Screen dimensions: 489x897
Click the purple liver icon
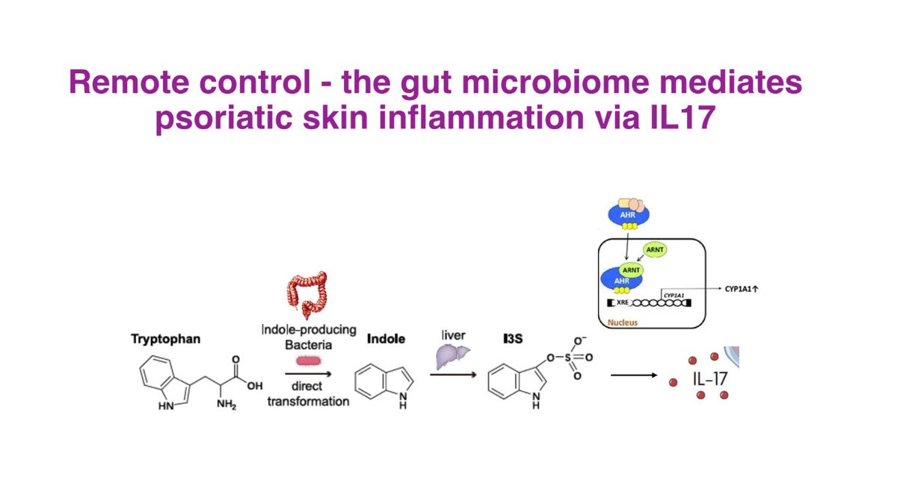pos(453,357)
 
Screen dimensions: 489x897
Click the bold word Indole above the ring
pos(386,339)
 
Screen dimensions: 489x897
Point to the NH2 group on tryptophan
pos(223,405)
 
